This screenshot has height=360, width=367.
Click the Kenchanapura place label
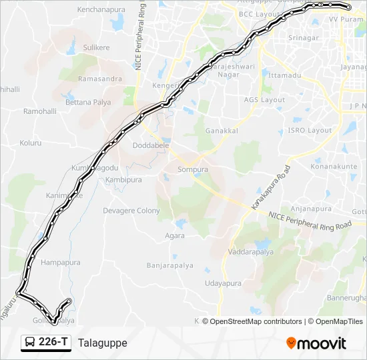pos(102,11)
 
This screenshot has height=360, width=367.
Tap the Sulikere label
pos(96,48)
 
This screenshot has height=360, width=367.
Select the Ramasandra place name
pos(100,79)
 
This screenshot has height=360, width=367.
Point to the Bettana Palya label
pos(88,103)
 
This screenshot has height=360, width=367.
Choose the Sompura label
pos(193,170)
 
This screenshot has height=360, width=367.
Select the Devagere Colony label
pos(131,211)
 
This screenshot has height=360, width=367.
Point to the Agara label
pos(175,236)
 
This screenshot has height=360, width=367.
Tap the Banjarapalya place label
pos(170,265)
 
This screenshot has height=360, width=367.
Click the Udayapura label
pos(222,283)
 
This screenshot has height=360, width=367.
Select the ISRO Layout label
pos(310,131)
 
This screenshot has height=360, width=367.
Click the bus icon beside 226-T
pos(30,343)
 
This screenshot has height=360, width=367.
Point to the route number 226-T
pos(53,343)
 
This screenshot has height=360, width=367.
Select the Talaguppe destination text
pos(102,343)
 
